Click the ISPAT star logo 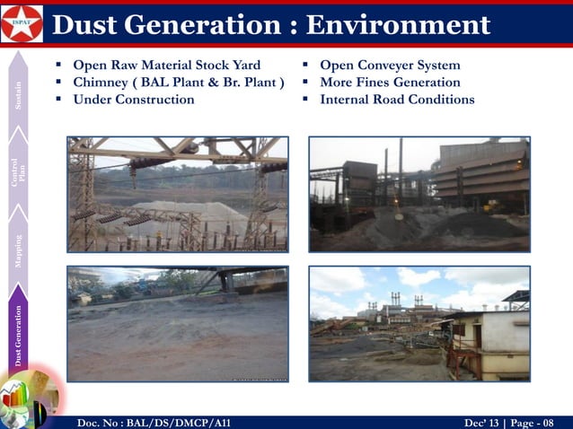click(22, 23)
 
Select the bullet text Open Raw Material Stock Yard click(166, 66)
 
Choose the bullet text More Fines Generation click(390, 83)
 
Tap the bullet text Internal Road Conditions click(397, 99)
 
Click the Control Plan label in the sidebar click(19, 172)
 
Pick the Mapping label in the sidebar click(19, 251)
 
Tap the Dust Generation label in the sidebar click(19, 337)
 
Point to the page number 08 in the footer click(549, 422)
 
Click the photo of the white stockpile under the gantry click(178, 194)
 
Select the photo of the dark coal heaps click(419, 194)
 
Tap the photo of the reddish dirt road click(178, 324)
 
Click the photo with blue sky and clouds click(419, 324)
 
